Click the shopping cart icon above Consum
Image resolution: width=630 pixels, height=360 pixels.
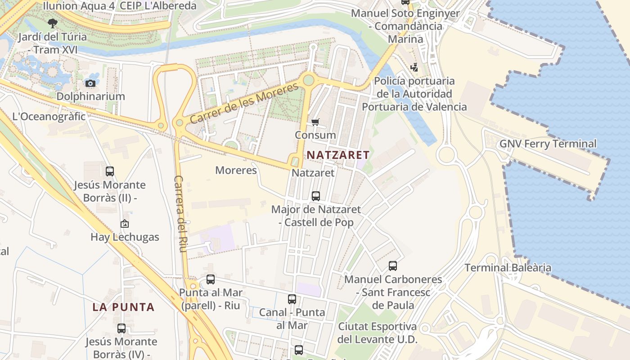(x=315, y=122)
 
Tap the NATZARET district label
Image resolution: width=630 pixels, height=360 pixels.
(x=338, y=155)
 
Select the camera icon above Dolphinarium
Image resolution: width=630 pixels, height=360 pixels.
(x=90, y=83)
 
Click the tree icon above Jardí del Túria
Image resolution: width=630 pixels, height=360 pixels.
(x=53, y=23)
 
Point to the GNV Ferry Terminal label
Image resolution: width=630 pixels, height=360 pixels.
(x=548, y=144)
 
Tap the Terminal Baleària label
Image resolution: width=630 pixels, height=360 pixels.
(x=508, y=268)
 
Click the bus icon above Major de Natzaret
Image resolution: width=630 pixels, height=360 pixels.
(x=316, y=196)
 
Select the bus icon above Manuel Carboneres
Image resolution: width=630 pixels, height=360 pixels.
(x=393, y=266)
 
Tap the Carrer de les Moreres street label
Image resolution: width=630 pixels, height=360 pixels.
(x=244, y=103)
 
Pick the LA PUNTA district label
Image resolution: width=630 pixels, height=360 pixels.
(x=123, y=307)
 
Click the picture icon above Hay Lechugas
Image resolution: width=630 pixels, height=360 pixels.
(x=125, y=224)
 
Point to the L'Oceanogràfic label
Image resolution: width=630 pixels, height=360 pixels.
(x=49, y=116)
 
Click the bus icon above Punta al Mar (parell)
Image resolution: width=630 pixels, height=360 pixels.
(x=211, y=279)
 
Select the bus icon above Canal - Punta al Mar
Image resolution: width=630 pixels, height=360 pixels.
(x=292, y=299)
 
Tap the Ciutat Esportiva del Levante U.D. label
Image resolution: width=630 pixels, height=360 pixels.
(x=378, y=333)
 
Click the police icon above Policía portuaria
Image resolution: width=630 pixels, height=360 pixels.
(x=414, y=67)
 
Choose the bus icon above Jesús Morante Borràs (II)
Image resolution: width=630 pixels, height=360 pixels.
(x=110, y=171)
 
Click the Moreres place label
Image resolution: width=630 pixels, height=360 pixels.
(x=236, y=170)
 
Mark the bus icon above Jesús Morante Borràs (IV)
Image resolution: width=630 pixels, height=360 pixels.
(x=121, y=328)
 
